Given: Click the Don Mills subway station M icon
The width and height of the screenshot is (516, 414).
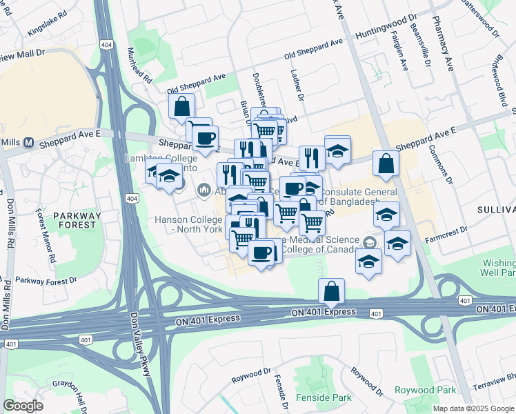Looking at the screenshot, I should (29, 143).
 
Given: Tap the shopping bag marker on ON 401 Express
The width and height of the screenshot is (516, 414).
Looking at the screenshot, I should (332, 292).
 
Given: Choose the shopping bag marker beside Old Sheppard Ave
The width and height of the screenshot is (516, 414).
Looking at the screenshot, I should (181, 107).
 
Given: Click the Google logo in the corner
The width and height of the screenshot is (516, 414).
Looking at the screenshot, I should (23, 406).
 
